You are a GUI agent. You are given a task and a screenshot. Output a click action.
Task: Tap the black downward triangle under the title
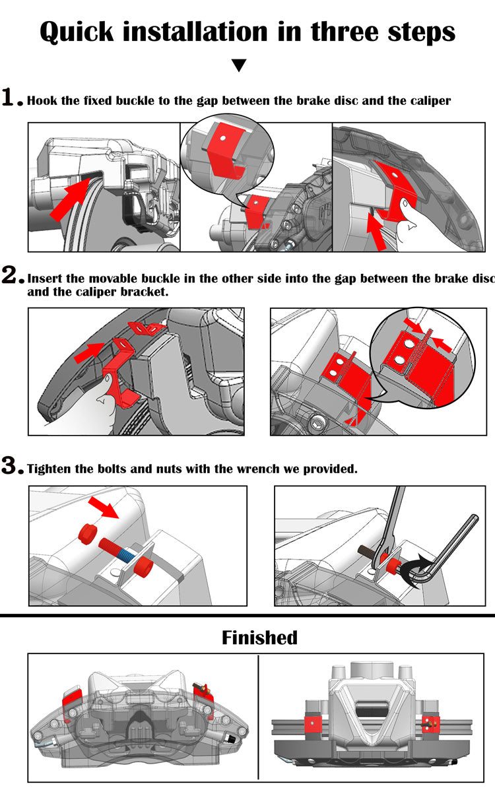(x=240, y=65)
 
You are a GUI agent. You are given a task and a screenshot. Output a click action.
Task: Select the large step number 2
(x=12, y=276)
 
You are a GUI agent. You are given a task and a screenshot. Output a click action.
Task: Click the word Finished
(x=259, y=638)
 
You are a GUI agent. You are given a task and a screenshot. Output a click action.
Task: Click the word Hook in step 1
(x=42, y=101)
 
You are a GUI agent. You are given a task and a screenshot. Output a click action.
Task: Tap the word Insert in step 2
(x=47, y=279)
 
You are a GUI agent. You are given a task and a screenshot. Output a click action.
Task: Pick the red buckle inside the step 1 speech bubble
(x=222, y=150)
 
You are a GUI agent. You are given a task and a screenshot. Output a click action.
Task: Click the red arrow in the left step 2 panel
(x=89, y=354)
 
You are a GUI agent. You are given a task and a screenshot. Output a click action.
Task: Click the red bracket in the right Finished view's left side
(x=311, y=723)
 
